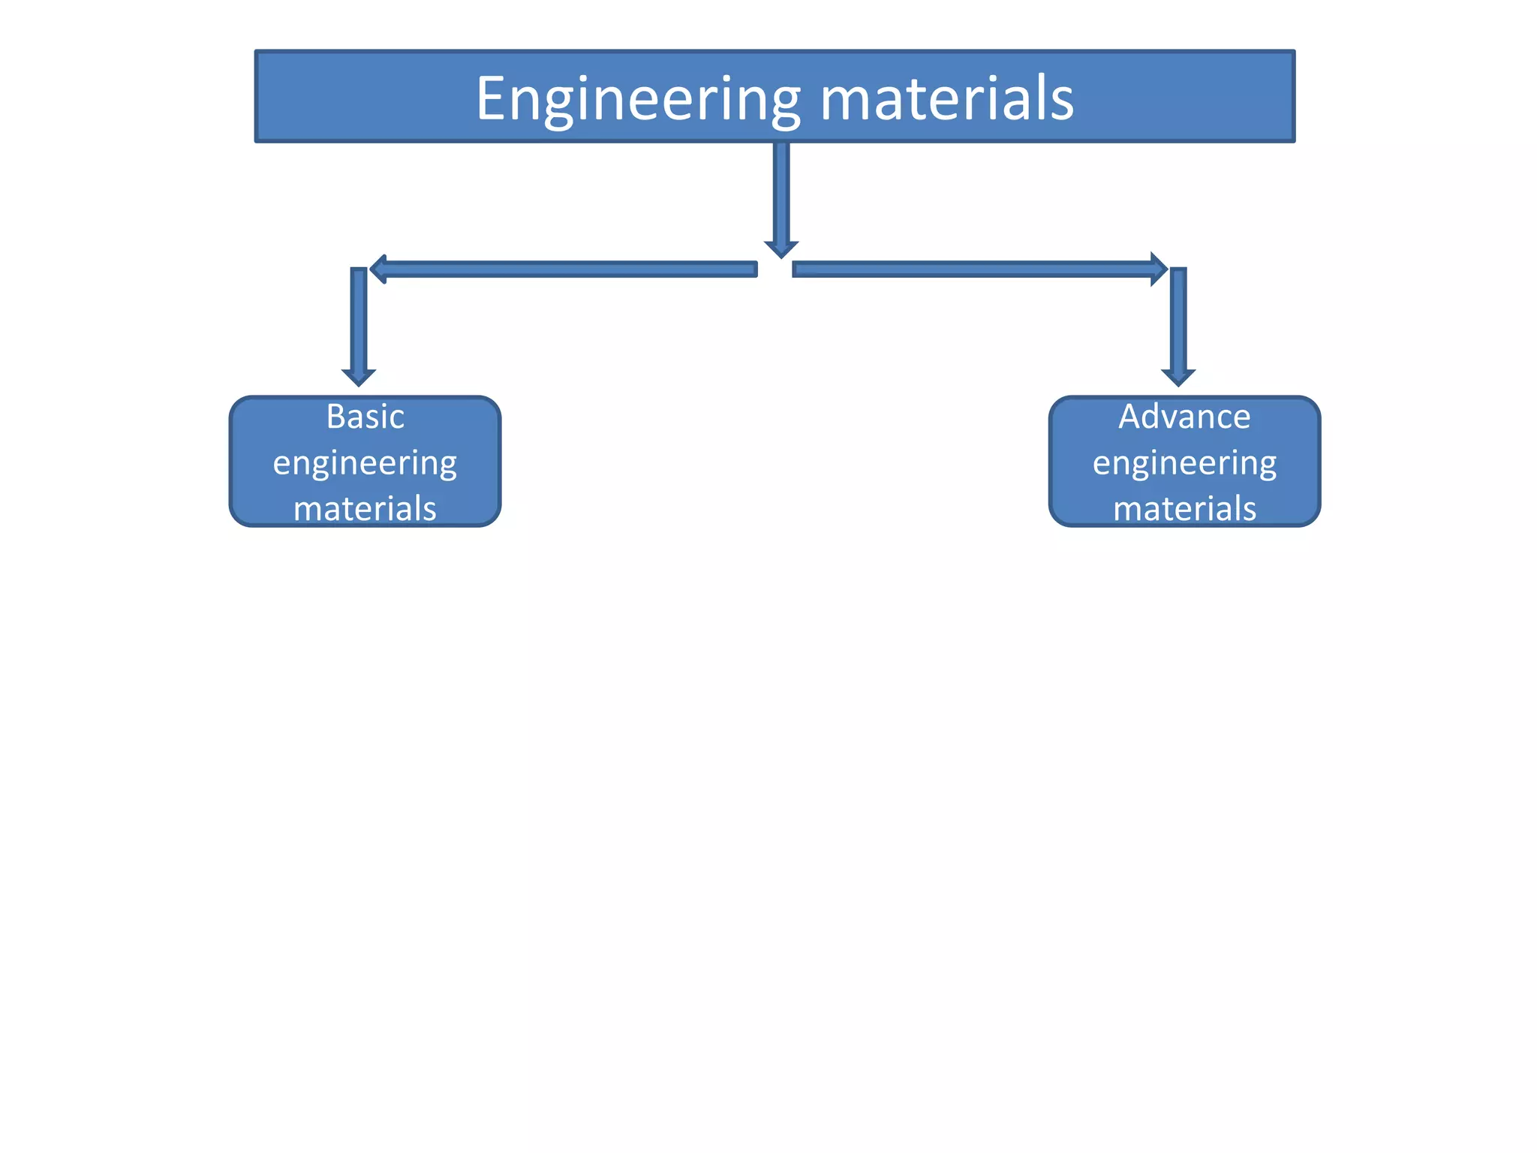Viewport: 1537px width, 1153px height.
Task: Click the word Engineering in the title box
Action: pyautogui.click(x=638, y=100)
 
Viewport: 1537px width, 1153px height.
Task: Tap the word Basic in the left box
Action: pyautogui.click(x=365, y=417)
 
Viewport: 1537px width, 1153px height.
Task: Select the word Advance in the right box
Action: pyautogui.click(x=1184, y=417)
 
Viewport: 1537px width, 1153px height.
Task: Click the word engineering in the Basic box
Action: pyautogui.click(x=365, y=464)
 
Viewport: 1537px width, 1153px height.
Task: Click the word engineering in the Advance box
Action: pyautogui.click(x=1184, y=464)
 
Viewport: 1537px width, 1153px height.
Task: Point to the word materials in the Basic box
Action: pyautogui.click(x=365, y=509)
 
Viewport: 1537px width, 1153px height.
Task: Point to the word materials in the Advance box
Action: pyautogui.click(x=1184, y=509)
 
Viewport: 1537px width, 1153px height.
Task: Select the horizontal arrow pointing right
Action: pyautogui.click(x=976, y=269)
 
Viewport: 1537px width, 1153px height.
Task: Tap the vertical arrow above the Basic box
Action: pyautogui.click(x=359, y=323)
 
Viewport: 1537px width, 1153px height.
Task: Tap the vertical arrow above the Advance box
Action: pyautogui.click(x=1178, y=323)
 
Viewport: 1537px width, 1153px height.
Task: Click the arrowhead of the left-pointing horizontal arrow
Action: pyautogui.click(x=379, y=269)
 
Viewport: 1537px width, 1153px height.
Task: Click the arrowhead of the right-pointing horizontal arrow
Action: pyautogui.click(x=1159, y=269)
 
